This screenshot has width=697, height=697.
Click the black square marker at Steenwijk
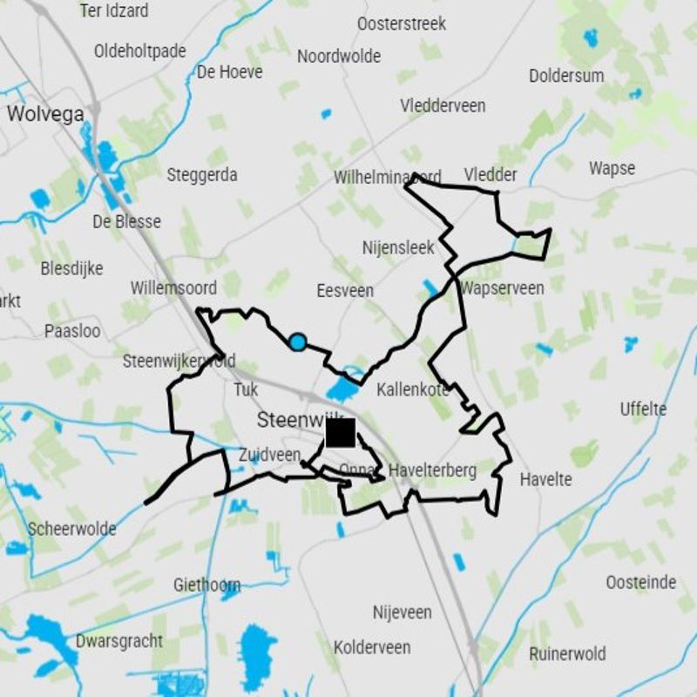click(340, 432)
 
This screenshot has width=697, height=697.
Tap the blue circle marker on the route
click(297, 342)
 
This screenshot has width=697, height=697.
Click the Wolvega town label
click(45, 113)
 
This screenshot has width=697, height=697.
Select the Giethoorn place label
click(206, 584)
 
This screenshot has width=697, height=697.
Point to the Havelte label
click(545, 479)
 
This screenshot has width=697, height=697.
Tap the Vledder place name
click(491, 175)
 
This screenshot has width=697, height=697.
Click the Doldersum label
click(565, 76)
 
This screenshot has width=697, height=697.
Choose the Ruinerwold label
click(567, 653)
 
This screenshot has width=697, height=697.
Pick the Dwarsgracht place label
click(119, 641)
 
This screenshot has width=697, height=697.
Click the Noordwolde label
click(339, 57)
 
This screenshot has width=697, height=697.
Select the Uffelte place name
click(643, 409)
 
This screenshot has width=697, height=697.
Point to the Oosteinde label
click(640, 582)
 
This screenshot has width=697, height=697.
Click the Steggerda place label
click(202, 175)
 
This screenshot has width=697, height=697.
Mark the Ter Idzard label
click(114, 10)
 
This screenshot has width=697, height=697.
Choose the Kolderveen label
click(372, 647)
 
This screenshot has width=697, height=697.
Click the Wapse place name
click(612, 168)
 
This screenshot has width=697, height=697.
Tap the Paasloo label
click(72, 331)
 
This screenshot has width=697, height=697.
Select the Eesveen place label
click(345, 291)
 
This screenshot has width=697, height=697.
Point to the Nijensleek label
click(397, 248)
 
